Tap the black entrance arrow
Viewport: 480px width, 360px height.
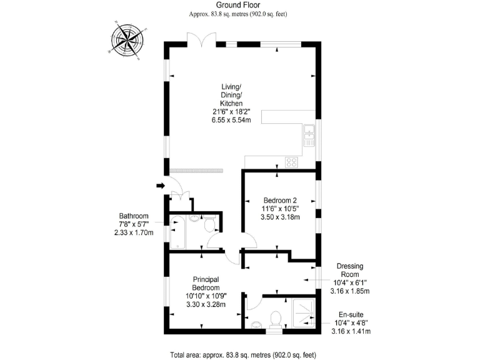tap(160, 185)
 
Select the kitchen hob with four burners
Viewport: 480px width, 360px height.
tap(291, 162)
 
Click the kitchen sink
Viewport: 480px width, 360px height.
tap(309, 136)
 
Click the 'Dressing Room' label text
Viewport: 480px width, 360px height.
tap(350, 270)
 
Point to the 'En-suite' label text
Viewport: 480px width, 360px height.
tap(350, 314)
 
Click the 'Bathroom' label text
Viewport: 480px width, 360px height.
tap(134, 216)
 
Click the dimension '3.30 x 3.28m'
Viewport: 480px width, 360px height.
tap(206, 304)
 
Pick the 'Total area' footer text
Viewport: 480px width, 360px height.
tap(243, 354)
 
